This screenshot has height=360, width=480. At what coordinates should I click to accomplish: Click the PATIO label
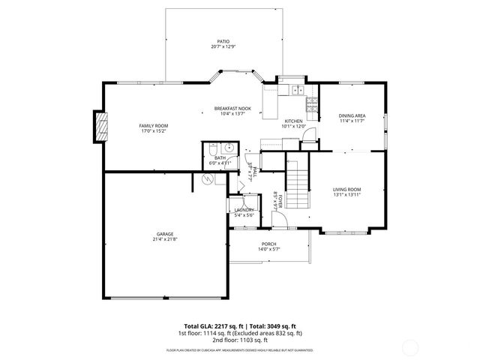pos(223,42)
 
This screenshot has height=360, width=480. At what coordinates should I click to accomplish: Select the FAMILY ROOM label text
pos(154,125)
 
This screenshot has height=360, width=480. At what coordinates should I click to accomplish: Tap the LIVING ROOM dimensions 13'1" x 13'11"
pos(347,194)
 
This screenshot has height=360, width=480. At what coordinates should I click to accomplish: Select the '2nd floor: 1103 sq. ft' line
pos(240,340)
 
